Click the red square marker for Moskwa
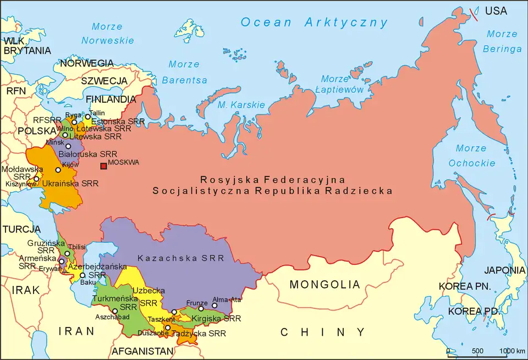pos(103,167)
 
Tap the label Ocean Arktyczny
pos(314,23)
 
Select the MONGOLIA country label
pos(325,285)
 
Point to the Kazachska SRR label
pos(181,258)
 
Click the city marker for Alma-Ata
pos(215,306)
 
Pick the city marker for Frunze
pos(201,309)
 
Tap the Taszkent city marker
pos(174,312)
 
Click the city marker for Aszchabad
pos(115,311)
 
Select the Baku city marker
pos(82,275)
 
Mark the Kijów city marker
pos(58,170)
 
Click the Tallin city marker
pos(87,117)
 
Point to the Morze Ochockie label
pos(468,156)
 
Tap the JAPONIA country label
pos(504,270)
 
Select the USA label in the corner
pos(496,10)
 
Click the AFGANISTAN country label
pos(142,351)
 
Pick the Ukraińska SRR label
pos(70,183)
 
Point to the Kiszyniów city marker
pos(37,179)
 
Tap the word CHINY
pos(322,332)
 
